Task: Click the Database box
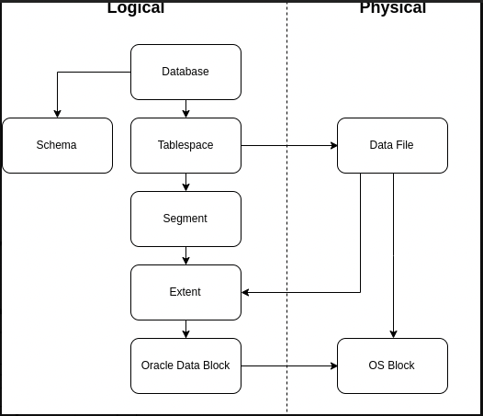185,72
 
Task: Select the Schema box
57,145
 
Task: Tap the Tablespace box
185,145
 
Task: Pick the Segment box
185,219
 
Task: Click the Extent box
185,292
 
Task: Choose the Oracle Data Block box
185,365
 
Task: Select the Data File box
392,145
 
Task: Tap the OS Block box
392,365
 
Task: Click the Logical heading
136,8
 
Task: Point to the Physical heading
392,8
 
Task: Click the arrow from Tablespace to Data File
288,145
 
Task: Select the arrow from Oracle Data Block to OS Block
288,365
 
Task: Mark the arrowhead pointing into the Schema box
57,114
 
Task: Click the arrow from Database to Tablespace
185,108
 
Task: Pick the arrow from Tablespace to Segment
185,182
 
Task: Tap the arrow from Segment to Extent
185,255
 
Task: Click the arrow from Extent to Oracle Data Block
185,329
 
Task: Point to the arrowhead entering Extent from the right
246,292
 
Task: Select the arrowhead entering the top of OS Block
393,334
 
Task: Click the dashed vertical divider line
286,230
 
